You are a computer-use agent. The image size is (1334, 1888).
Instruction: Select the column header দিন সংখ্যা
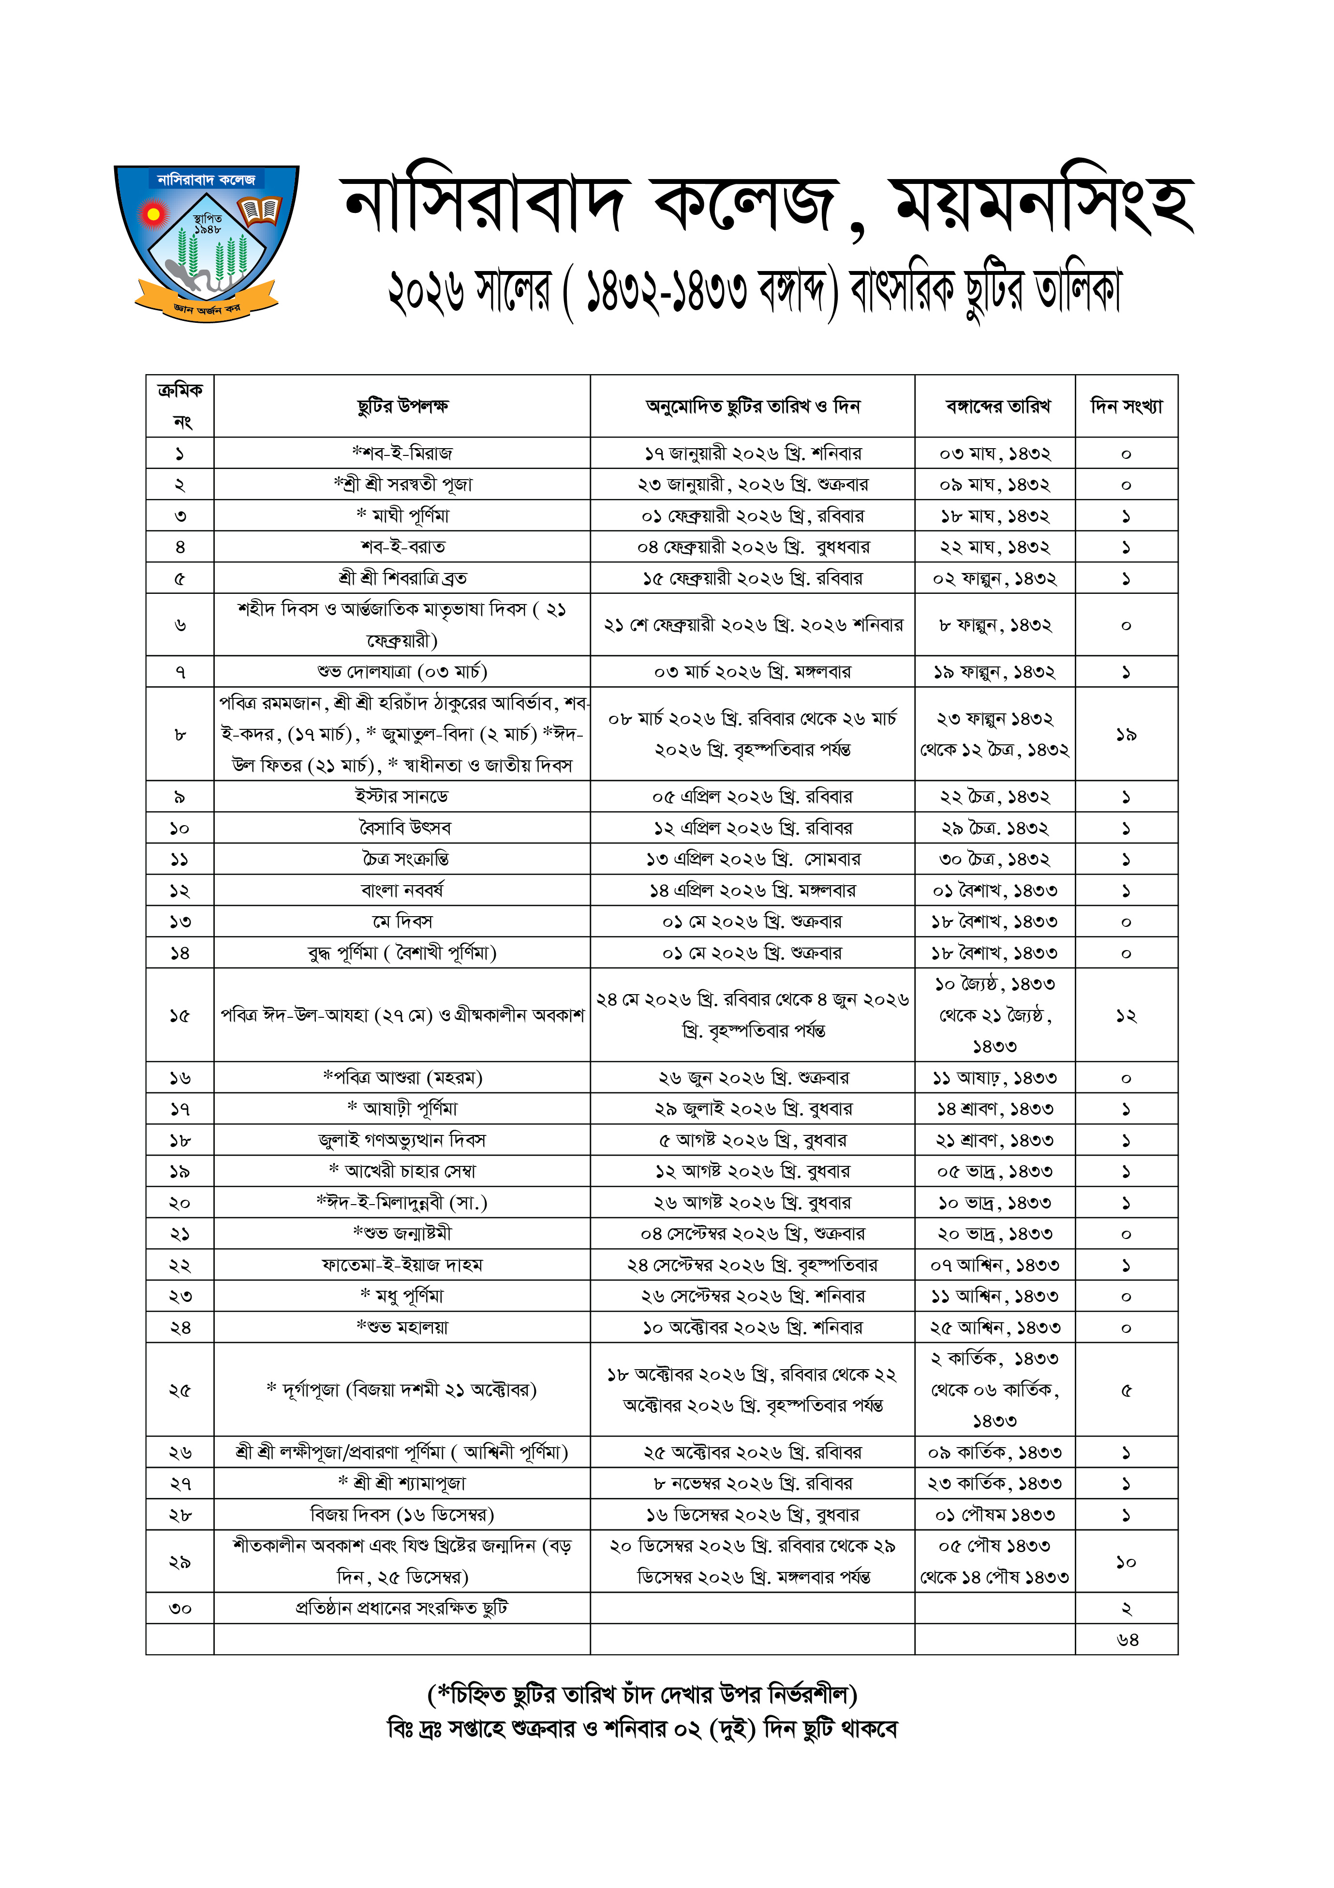[x=1126, y=406]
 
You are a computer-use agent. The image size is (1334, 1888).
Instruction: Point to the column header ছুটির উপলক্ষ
[x=402, y=406]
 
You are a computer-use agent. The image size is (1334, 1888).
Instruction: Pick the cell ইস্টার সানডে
[x=402, y=797]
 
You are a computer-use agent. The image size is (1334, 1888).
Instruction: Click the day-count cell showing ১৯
[x=1126, y=734]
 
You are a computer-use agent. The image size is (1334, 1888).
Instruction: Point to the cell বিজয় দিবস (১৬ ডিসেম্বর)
[x=402, y=1515]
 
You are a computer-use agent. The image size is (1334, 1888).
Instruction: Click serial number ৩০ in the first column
[x=180, y=1608]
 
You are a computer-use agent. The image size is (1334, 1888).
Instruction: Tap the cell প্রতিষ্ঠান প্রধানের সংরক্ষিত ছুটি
[x=402, y=1608]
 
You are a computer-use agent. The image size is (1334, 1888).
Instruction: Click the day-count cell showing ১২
[x=1126, y=1015]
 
